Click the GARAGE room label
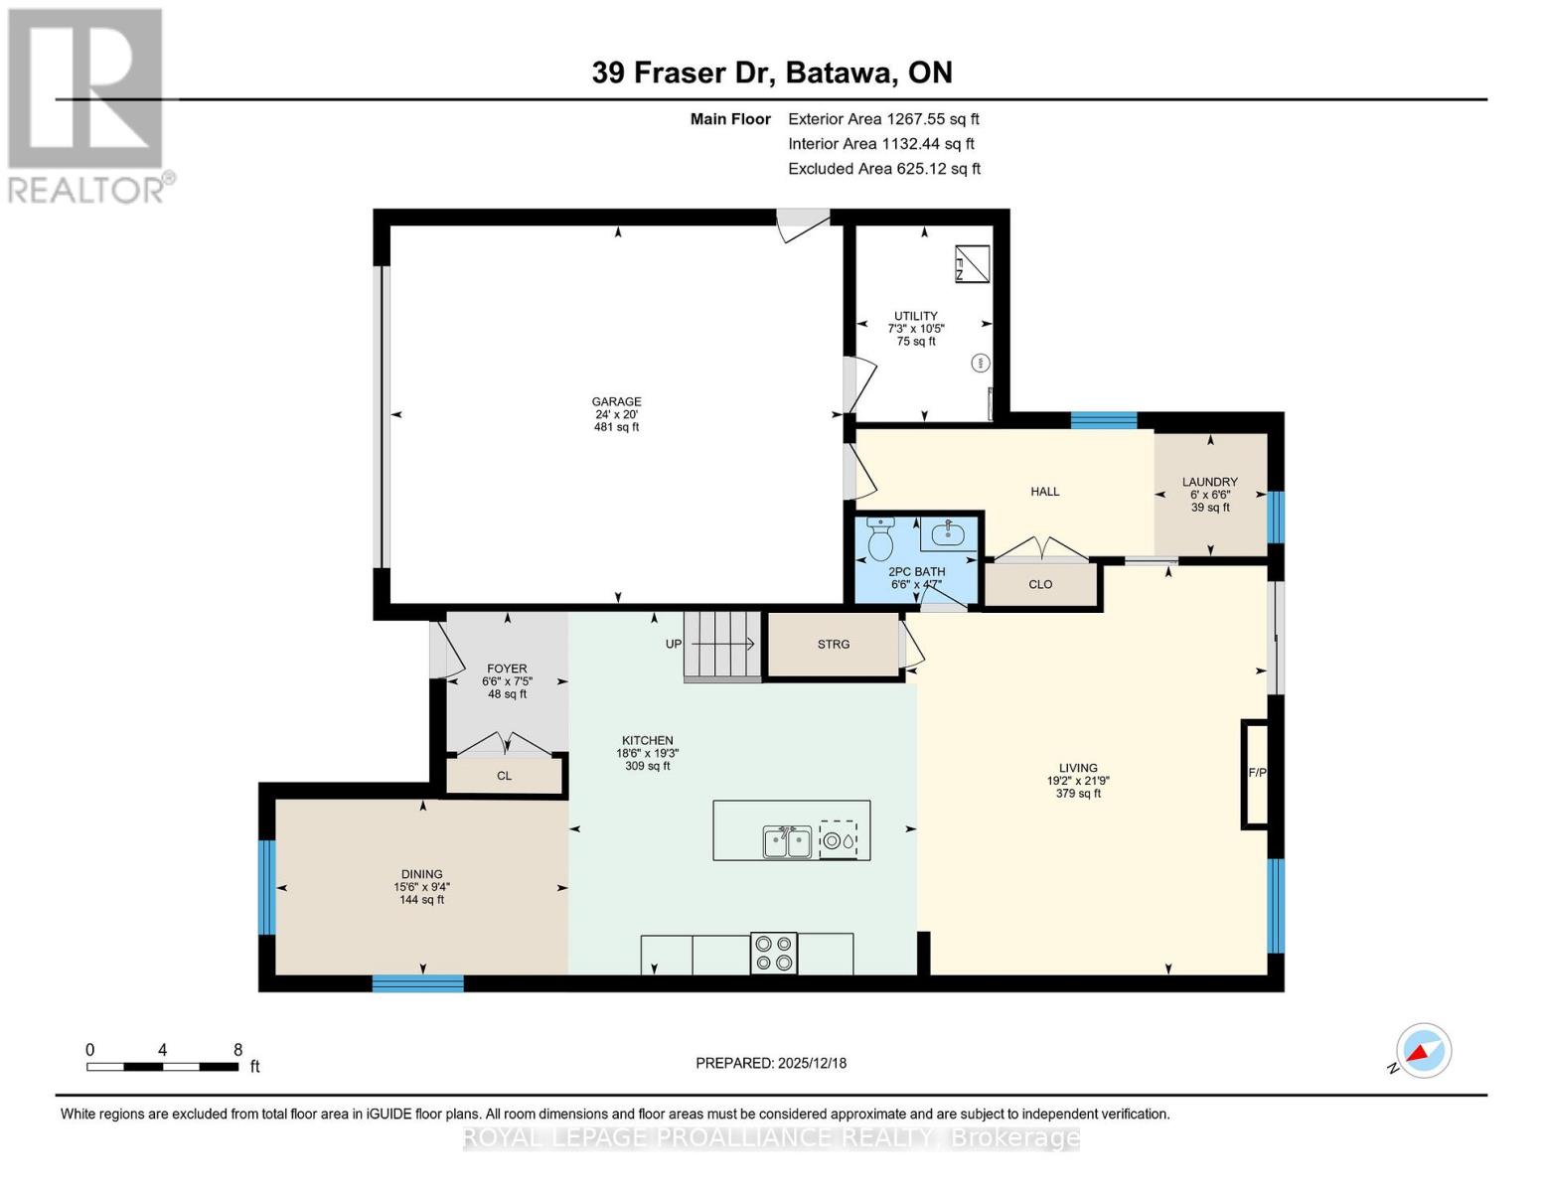[x=616, y=402]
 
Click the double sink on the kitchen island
[x=787, y=842]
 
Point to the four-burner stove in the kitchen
[x=774, y=954]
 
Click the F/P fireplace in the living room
[x=1256, y=773]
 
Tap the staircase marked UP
[x=721, y=646]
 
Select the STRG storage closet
[x=833, y=645]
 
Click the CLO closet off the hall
[x=1040, y=584]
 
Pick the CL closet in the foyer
[x=504, y=775]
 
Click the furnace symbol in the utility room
[x=973, y=263]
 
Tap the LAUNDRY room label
[x=1209, y=482]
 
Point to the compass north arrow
[x=1423, y=1050]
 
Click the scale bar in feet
[x=162, y=1066]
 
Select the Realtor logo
[x=86, y=104]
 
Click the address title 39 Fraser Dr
[x=771, y=73]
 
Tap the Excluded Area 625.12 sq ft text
[x=883, y=169]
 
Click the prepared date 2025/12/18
[x=771, y=1063]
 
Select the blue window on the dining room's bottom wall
[x=417, y=983]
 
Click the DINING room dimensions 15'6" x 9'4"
[x=421, y=887]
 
